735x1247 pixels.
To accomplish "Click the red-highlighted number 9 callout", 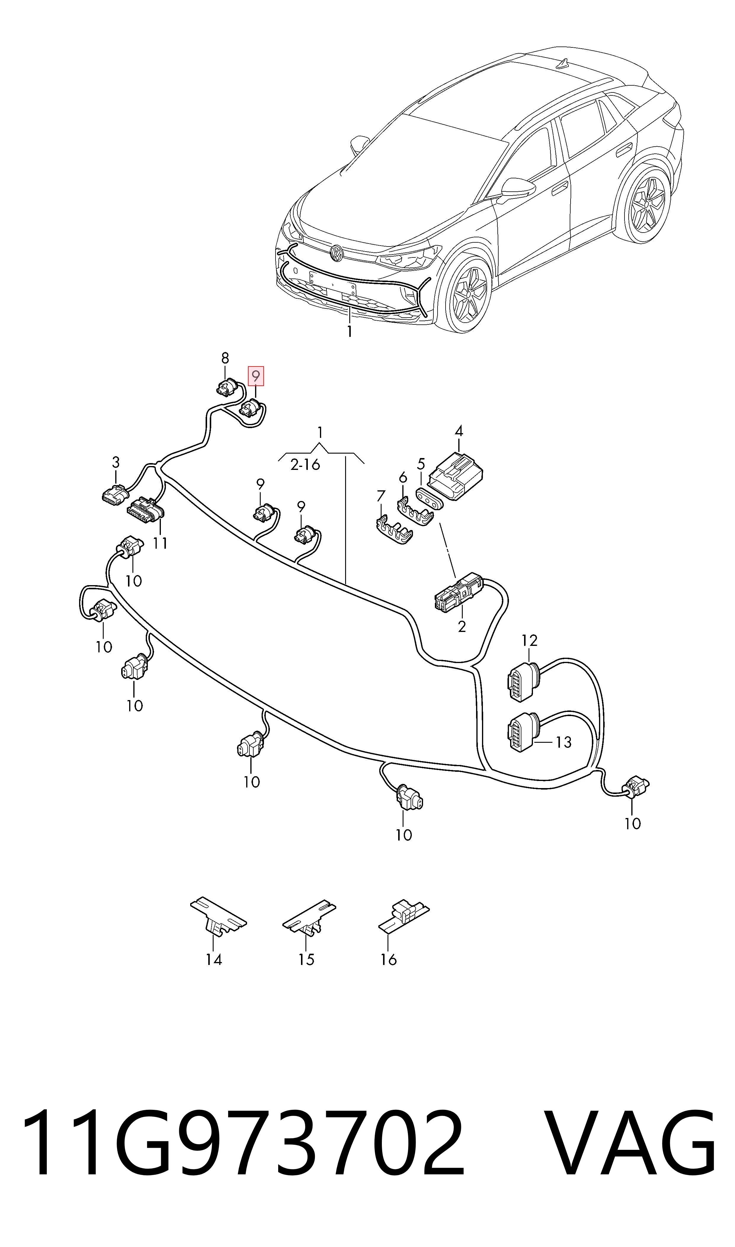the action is point(256,376).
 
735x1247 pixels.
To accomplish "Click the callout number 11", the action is point(160,543).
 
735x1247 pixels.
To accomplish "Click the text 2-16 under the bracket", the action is point(305,465).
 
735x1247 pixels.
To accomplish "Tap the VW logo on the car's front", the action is point(337,254).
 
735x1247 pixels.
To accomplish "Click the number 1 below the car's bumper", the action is point(350,331).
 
